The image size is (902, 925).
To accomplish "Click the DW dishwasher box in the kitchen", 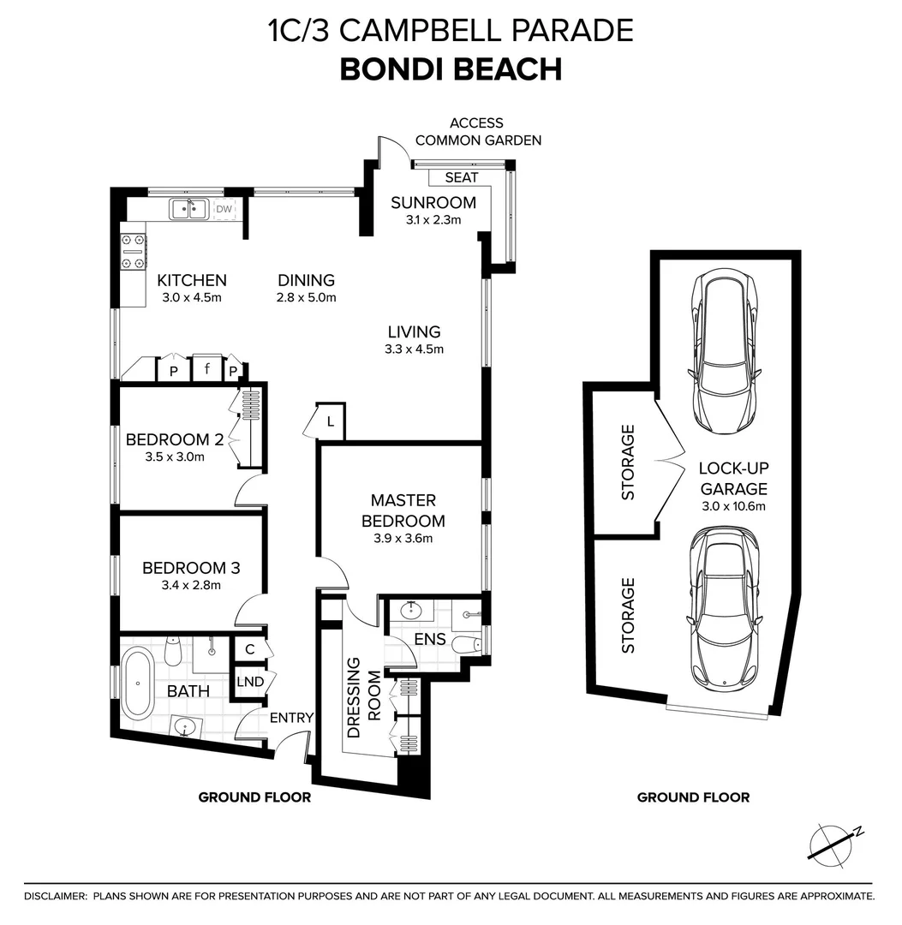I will (x=223, y=209).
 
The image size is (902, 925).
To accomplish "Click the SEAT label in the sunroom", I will (x=462, y=177).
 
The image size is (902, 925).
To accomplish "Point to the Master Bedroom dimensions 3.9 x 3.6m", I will (x=403, y=539).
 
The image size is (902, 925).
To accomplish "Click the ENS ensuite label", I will (x=429, y=639).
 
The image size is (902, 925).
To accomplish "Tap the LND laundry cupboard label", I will (x=249, y=682).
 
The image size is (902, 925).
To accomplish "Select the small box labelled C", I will (x=249, y=650).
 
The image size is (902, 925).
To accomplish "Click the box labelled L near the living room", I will (x=331, y=421).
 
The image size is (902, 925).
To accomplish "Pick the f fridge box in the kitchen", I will (x=207, y=370).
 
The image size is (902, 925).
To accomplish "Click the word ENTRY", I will (x=291, y=718).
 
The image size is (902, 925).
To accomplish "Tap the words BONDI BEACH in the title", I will (x=451, y=69).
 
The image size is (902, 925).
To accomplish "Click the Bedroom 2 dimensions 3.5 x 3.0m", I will (x=175, y=457).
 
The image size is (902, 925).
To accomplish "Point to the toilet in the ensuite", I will (x=468, y=645).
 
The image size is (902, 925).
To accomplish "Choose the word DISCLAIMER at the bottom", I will (x=55, y=896).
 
